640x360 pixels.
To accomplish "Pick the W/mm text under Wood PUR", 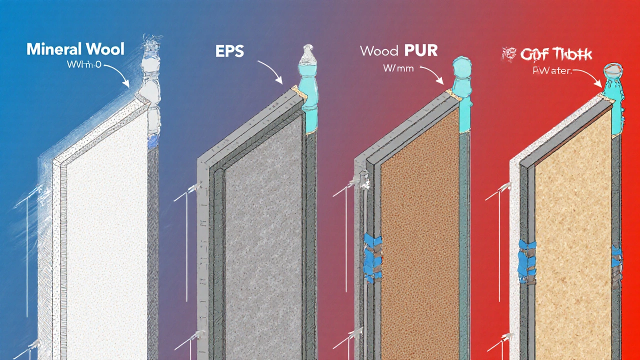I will pyautogui.click(x=398, y=68).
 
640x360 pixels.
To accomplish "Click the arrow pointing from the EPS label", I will pyautogui.click(x=270, y=71).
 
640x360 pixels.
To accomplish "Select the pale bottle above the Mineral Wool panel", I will pyautogui.click(x=149, y=90).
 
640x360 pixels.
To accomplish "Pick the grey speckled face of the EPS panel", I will pyautogui.click(x=262, y=225).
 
